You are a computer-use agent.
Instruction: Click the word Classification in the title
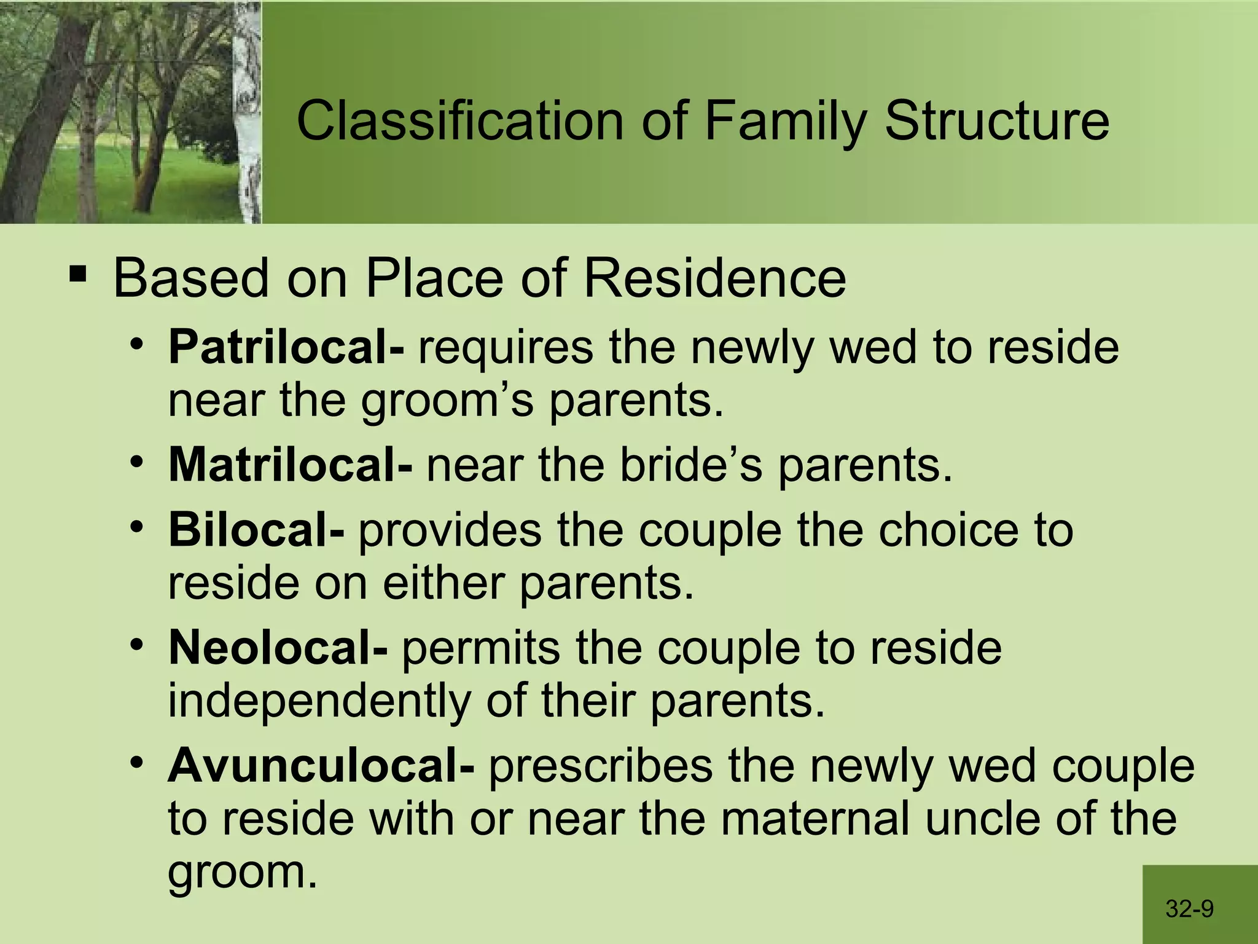pos(461,121)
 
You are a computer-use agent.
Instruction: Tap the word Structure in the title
pos(996,121)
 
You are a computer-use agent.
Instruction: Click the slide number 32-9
pos(1189,908)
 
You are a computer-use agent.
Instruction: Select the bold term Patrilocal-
pos(286,347)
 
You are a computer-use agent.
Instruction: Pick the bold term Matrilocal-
pos(291,465)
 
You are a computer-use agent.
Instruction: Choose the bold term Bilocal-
pos(256,530)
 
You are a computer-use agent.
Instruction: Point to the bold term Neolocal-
pos(278,648)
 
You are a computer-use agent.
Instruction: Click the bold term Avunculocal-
pos(321,766)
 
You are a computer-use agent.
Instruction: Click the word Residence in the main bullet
pos(714,278)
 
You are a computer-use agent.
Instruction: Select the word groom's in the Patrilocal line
pos(447,401)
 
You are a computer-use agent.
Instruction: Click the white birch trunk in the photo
pos(248,111)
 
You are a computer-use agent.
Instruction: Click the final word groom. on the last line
pos(243,873)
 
